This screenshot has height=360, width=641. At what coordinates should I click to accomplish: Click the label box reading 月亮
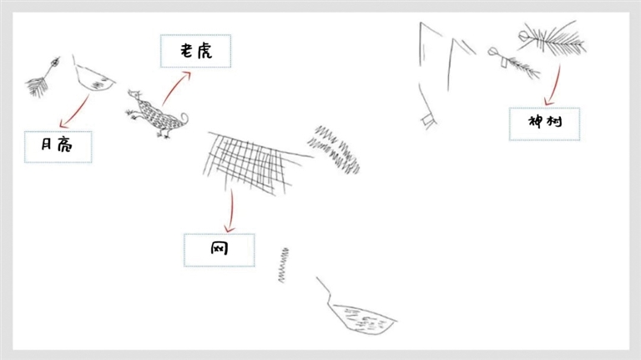pos(58,147)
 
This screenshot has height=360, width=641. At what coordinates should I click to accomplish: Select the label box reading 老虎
pos(195,51)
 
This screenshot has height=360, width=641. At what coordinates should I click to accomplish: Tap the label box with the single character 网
pos(220,250)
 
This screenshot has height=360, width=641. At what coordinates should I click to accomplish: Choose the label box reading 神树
pos(544,124)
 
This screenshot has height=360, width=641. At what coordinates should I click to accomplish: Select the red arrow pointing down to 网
pos(231,210)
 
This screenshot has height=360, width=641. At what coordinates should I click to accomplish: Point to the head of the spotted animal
pos(134,95)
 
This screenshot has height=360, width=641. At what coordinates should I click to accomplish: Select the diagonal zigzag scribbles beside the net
pos(334,150)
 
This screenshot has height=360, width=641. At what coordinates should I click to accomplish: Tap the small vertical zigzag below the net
pos(283,265)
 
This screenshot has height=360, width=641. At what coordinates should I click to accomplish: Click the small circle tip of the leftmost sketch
pos(54,63)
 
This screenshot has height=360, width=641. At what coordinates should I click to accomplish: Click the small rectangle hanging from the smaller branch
pos(504,63)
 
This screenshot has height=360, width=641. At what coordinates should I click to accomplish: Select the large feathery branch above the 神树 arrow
pos(552,38)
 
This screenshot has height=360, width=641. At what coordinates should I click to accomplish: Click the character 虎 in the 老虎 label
pos(204,51)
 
